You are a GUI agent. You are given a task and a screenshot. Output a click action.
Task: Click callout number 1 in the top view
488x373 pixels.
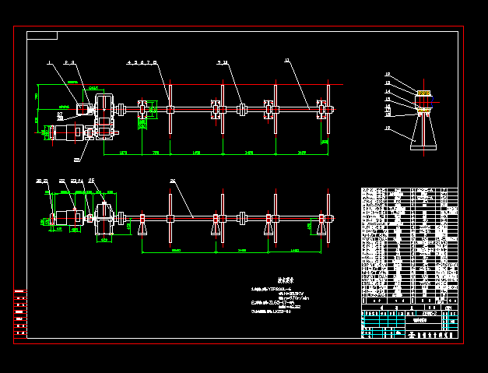coord(48,61)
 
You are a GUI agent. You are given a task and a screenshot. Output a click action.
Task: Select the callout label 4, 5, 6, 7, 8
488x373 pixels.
coord(142,61)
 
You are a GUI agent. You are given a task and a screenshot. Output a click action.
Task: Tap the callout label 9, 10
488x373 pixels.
coord(223,61)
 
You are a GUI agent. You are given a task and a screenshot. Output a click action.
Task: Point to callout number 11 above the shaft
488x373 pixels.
coord(286,61)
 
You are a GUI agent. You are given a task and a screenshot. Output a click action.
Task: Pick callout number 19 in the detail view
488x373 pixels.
coord(388,128)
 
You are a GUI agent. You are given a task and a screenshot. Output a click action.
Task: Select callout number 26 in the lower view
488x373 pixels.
coord(172,181)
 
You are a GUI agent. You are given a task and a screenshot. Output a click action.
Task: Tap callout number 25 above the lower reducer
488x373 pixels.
coord(92,181)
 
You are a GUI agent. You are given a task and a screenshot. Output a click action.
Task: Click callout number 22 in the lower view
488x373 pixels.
coord(61,181)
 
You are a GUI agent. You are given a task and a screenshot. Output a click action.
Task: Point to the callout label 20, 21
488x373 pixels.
coord(42,181)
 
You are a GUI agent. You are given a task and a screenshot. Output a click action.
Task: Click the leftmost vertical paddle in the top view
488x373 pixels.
coord(170,109)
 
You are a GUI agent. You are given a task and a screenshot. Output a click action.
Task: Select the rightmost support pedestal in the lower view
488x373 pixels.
coord(321,227)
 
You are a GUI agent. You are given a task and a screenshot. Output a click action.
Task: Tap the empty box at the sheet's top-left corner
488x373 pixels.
coord(42,36)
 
